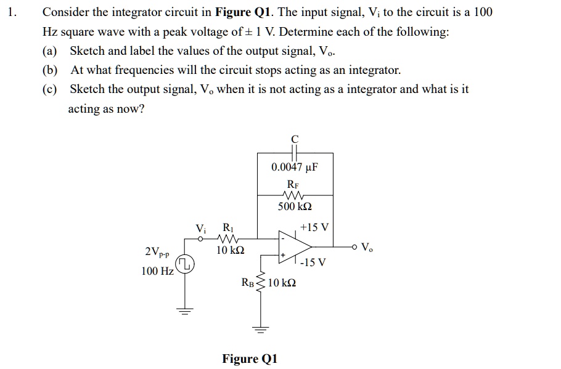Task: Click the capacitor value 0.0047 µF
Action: pyautogui.click(x=295, y=168)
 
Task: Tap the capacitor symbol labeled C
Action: pyautogui.click(x=295, y=152)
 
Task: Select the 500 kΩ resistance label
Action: pyautogui.click(x=295, y=206)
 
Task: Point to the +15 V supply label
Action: pyautogui.click(x=316, y=228)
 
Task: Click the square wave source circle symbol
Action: pyautogui.click(x=185, y=266)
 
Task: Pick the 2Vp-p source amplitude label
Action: pyautogui.click(x=158, y=252)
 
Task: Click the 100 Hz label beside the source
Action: pyautogui.click(x=157, y=271)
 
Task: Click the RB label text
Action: pyautogui.click(x=247, y=283)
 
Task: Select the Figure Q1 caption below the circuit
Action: pyautogui.click(x=250, y=359)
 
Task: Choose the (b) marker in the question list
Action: pyautogui.click(x=49, y=70)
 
